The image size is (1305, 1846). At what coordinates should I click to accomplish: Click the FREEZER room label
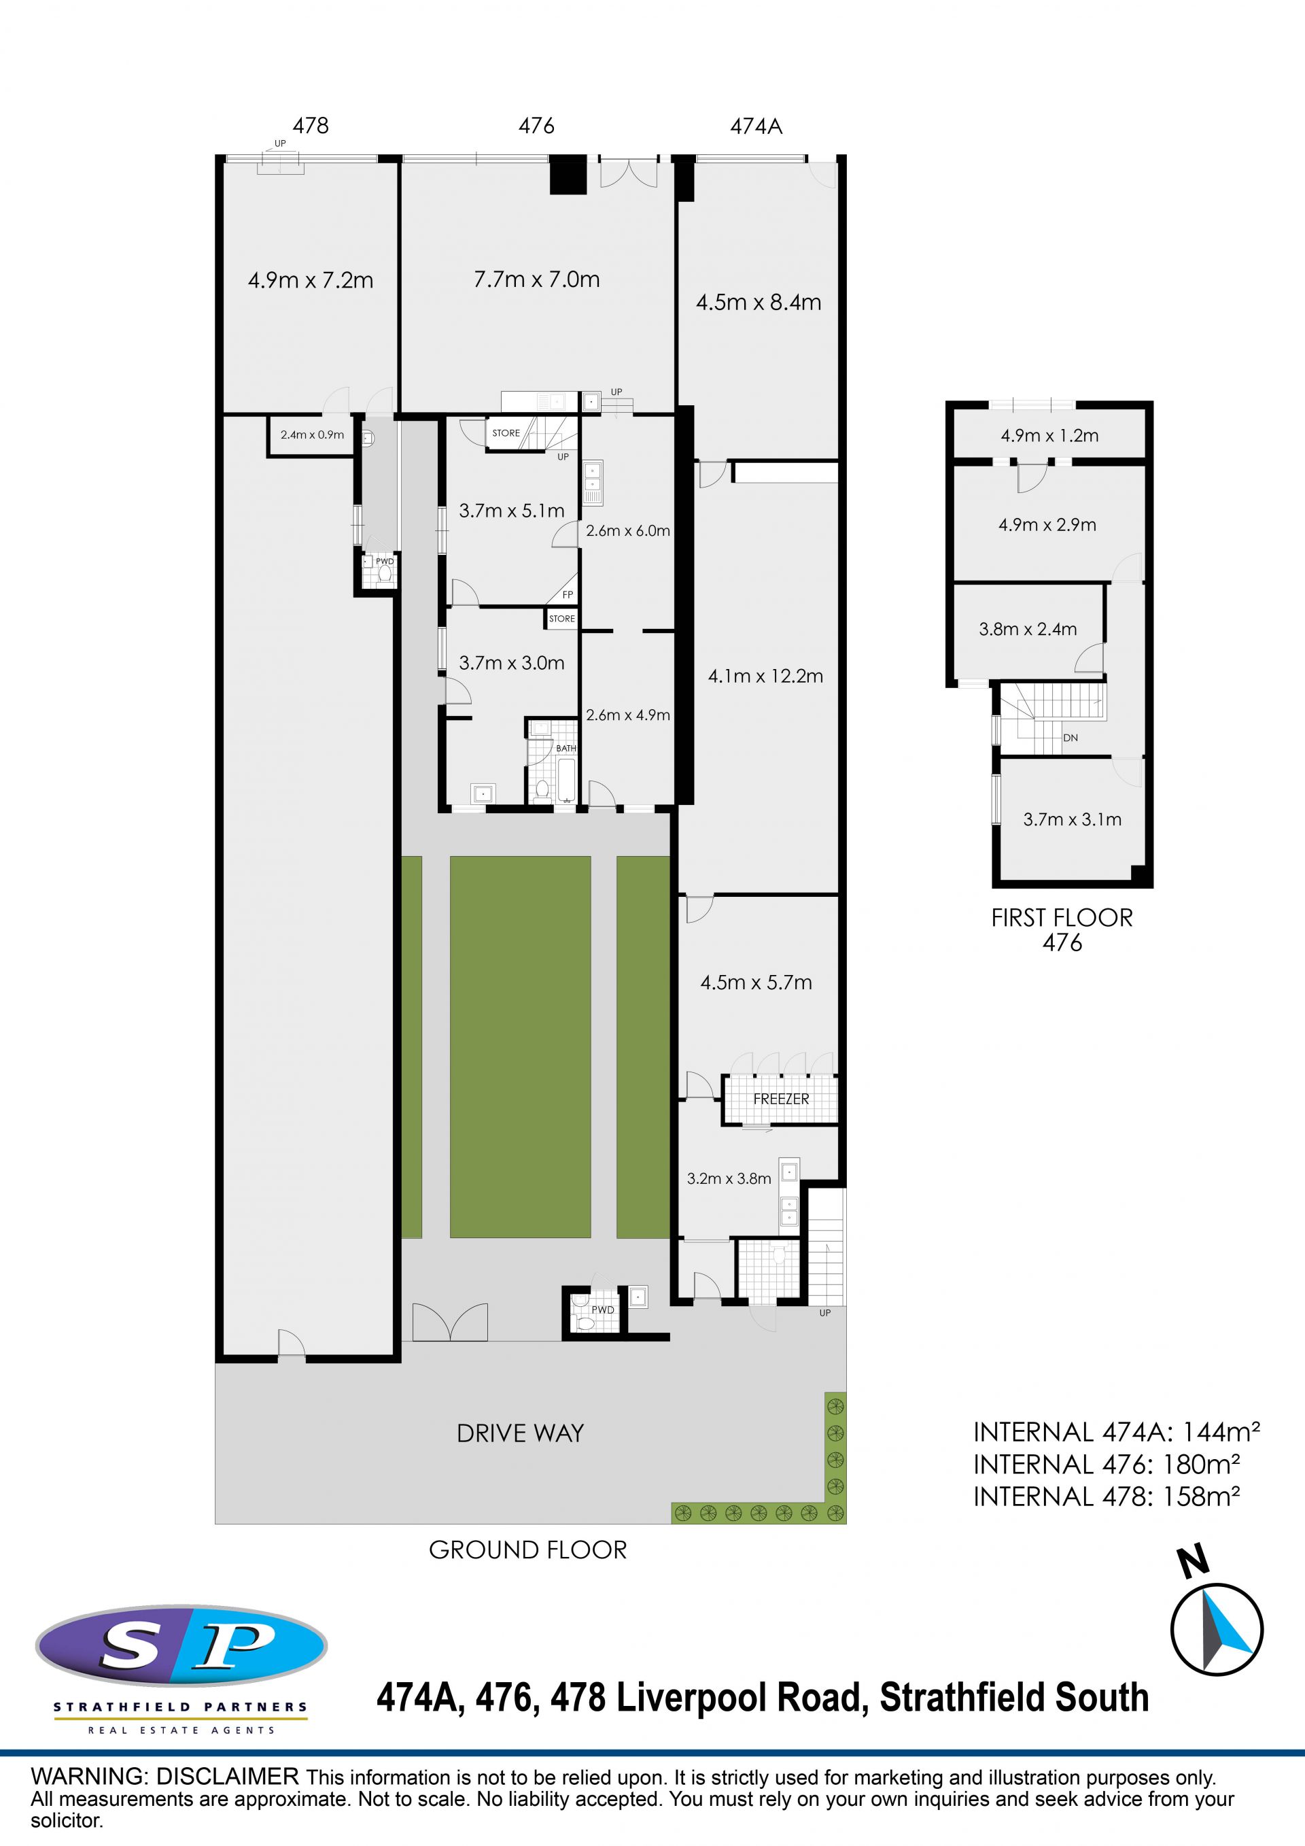click(781, 1099)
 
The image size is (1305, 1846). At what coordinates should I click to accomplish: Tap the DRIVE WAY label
click(520, 1433)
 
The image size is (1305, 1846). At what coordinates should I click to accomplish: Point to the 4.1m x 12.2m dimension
click(766, 676)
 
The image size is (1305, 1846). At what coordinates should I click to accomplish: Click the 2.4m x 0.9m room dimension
click(312, 435)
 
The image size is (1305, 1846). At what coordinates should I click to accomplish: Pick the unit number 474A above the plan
click(756, 126)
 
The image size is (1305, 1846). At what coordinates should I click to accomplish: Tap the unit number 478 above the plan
click(311, 125)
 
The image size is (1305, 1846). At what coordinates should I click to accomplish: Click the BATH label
click(566, 749)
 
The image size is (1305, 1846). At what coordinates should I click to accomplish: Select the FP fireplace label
click(568, 595)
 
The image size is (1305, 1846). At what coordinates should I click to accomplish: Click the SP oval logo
click(181, 1647)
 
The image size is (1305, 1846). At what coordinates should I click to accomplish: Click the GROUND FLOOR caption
click(528, 1550)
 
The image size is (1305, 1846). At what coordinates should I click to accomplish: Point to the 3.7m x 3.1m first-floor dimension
click(1072, 819)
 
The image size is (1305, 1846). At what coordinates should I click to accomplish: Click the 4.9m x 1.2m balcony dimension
click(1049, 436)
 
